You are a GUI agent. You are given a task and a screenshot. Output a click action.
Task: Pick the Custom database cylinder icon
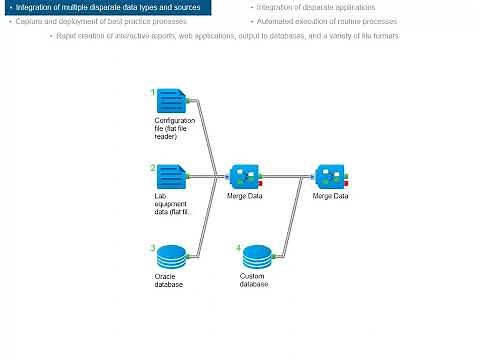(258, 256)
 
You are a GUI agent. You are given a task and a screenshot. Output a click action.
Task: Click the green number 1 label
(153, 92)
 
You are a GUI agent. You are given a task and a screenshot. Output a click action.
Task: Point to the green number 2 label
(153, 168)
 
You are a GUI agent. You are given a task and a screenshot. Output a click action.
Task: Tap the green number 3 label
(153, 247)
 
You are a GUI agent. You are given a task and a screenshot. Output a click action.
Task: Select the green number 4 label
(238, 247)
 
